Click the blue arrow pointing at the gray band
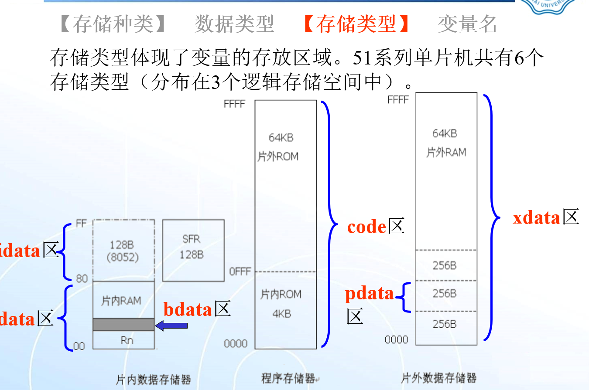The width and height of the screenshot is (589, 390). click(x=171, y=325)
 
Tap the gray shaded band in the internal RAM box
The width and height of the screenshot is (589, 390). click(x=123, y=325)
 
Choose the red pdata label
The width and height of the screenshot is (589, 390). click(x=370, y=294)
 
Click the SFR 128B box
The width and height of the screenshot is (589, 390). click(x=193, y=250)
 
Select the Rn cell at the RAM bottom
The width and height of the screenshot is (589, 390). click(x=126, y=340)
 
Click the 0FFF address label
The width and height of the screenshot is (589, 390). click(x=240, y=271)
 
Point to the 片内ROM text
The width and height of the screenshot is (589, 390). click(x=281, y=295)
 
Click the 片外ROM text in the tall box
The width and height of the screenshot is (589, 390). click(x=278, y=156)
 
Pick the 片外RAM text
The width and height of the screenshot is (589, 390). click(x=446, y=152)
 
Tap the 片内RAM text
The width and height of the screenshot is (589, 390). click(x=121, y=300)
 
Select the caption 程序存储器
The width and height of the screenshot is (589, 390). click(x=288, y=378)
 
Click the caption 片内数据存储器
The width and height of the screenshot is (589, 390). click(x=153, y=380)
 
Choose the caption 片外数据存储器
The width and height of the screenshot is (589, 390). click(x=438, y=378)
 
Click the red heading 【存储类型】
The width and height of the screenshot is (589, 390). click(x=356, y=24)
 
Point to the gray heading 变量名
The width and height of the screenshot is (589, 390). click(x=467, y=24)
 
